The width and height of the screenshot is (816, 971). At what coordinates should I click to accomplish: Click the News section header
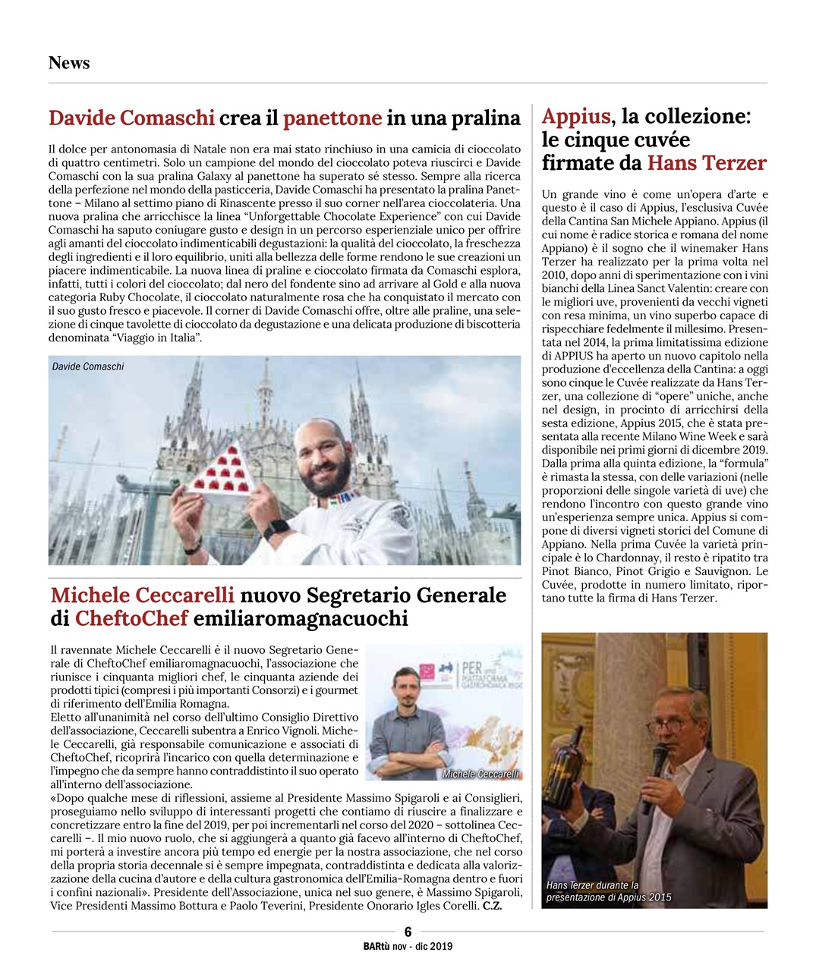pyautogui.click(x=69, y=63)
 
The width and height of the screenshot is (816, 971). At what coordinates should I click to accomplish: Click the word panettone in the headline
pyautogui.click(x=332, y=118)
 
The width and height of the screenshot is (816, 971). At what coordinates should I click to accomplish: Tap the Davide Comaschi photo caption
pyautogui.click(x=88, y=366)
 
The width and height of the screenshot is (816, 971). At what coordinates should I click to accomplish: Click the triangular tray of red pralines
pyautogui.click(x=222, y=472)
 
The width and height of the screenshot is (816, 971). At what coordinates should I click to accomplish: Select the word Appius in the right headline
pyautogui.click(x=575, y=116)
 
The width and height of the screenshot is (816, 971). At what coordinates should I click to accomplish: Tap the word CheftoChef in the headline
pyautogui.click(x=131, y=619)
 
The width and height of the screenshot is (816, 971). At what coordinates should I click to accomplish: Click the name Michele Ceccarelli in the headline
pyautogui.click(x=142, y=595)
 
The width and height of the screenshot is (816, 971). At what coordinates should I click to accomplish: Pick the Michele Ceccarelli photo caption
pyautogui.click(x=480, y=774)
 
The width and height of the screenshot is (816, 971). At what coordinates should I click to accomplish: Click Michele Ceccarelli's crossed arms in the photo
pyautogui.click(x=410, y=747)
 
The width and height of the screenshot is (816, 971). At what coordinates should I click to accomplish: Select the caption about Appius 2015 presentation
pyautogui.click(x=608, y=891)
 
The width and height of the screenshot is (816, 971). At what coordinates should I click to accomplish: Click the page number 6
pyautogui.click(x=408, y=932)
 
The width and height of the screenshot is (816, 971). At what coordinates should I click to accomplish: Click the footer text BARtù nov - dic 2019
pyautogui.click(x=408, y=946)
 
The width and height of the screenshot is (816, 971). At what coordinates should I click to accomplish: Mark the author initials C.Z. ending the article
pyautogui.click(x=492, y=905)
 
